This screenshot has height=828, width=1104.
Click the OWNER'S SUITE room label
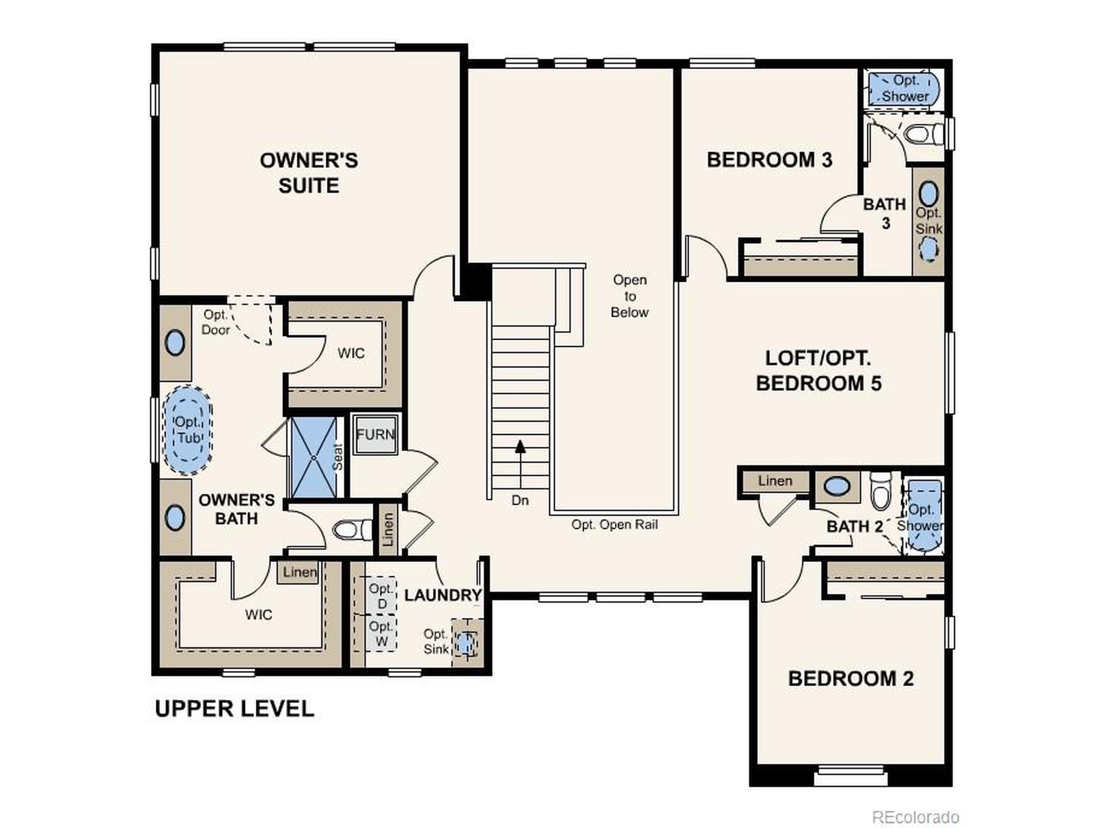coord(308,172)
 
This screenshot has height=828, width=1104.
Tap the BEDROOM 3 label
coord(769,160)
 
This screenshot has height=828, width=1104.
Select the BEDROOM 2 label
coord(850,679)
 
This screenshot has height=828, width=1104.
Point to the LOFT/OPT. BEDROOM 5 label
coord(818,371)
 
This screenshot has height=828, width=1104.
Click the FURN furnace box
coord(375,435)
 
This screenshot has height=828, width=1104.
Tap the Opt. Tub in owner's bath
coord(188,430)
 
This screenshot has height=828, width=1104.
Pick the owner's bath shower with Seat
coord(314,457)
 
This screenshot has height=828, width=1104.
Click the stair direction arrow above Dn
coord(520,447)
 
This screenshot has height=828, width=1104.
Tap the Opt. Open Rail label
coord(614,524)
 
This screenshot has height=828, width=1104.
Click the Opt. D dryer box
coord(382,596)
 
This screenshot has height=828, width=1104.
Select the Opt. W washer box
coord(381,634)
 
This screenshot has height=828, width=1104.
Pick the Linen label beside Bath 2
coord(775,481)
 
